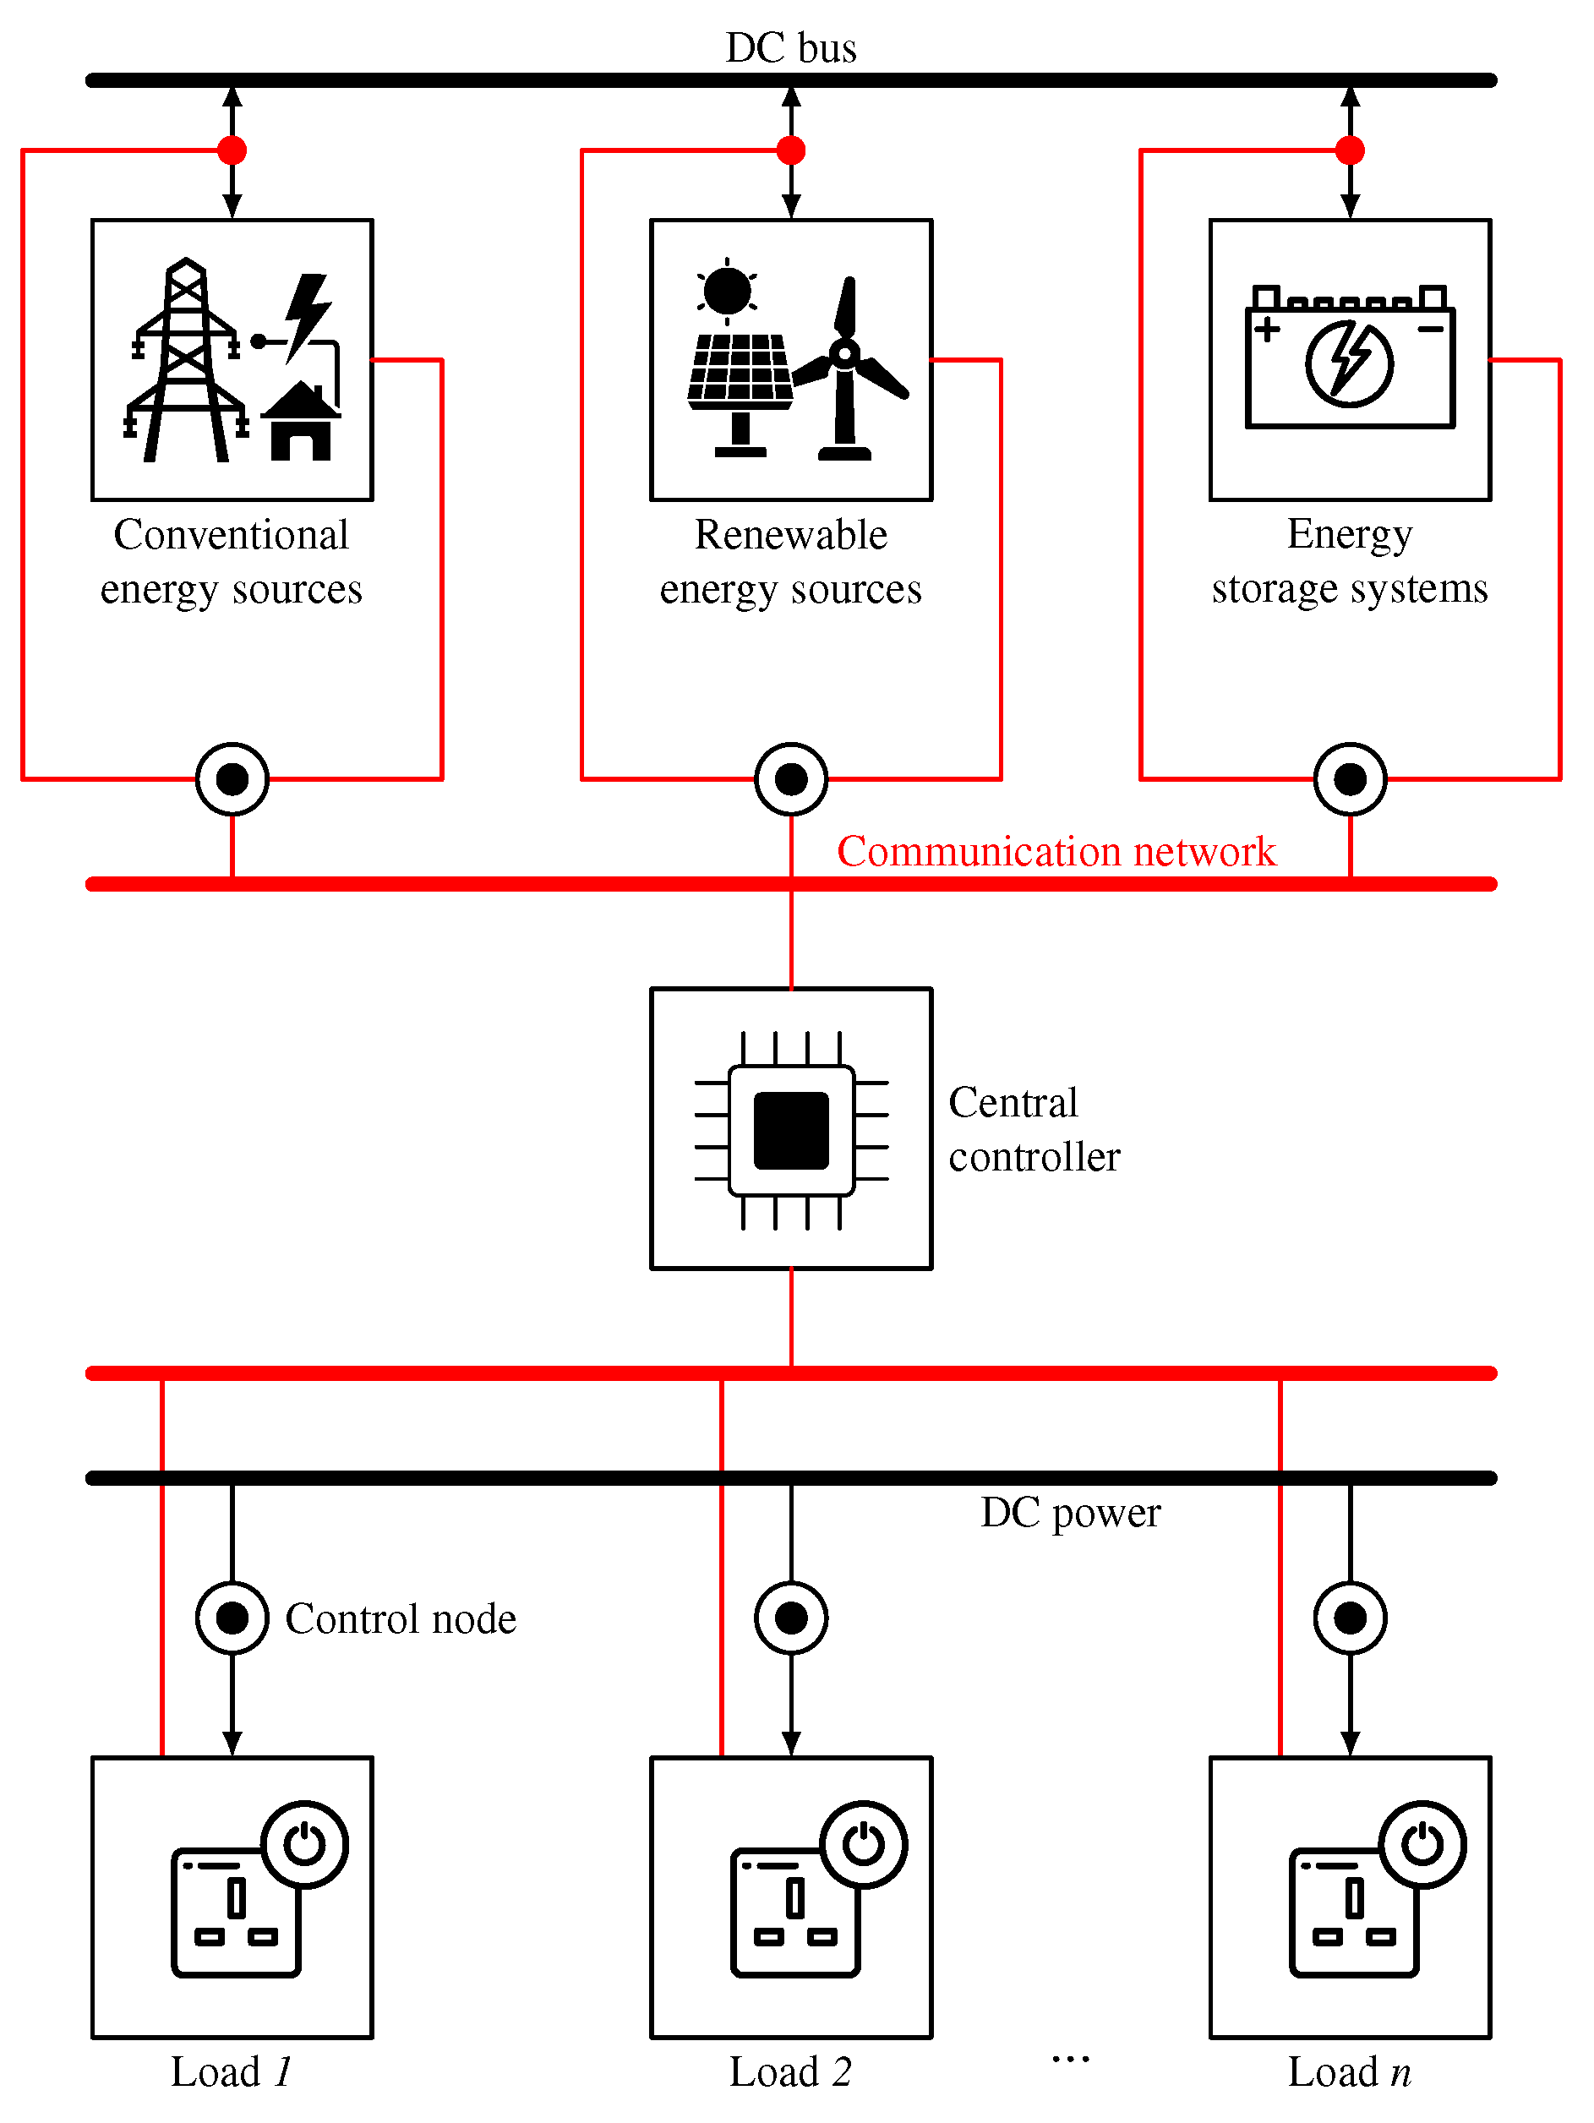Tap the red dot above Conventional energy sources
[x=232, y=150]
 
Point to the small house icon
[x=300, y=423]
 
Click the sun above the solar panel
[x=727, y=291]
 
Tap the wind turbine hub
[x=844, y=354]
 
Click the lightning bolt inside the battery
[x=1349, y=363]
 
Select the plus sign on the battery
[x=1267, y=330]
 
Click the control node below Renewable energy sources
[x=791, y=779]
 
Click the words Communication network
[x=1056, y=851]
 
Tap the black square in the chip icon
[x=791, y=1130]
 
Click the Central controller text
[x=1033, y=1130]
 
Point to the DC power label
[x=1070, y=1514]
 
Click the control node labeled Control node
[x=232, y=1618]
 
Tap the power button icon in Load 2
[x=863, y=1844]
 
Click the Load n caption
[x=1348, y=2071]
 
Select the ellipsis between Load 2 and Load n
[x=1070, y=2059]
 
